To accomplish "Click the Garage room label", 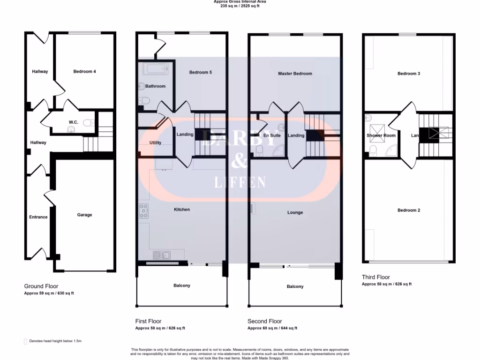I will click(x=84, y=215).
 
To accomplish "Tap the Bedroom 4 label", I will click(x=84, y=72).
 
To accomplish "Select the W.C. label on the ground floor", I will click(x=73, y=122).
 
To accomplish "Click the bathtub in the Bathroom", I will click(x=156, y=70).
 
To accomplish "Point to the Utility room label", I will click(x=156, y=142).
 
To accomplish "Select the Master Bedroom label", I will click(x=295, y=74).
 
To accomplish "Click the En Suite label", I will click(x=272, y=135).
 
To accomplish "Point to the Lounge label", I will click(x=295, y=212).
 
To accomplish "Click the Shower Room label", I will click(x=381, y=135).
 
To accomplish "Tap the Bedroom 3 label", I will click(x=408, y=74).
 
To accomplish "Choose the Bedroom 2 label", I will click(x=408, y=210).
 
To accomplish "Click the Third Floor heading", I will click(x=375, y=277).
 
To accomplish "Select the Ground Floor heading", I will click(x=41, y=286).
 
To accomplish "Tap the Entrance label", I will click(x=38, y=217).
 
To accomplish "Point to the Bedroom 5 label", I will click(x=200, y=72).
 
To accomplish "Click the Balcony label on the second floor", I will click(x=295, y=286).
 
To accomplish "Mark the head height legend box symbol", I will click(x=25, y=342).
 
